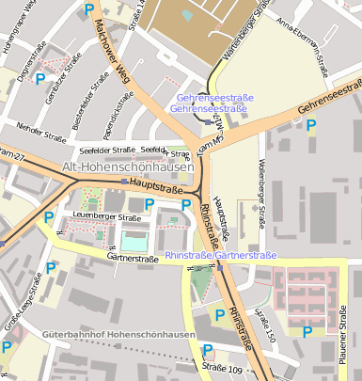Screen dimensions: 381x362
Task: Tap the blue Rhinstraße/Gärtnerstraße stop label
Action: pyautogui.click(x=221, y=255)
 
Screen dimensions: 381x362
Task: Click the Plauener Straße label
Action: pyautogui.click(x=345, y=348)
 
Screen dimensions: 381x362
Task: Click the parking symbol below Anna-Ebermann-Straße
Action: pyautogui.click(x=311, y=123)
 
